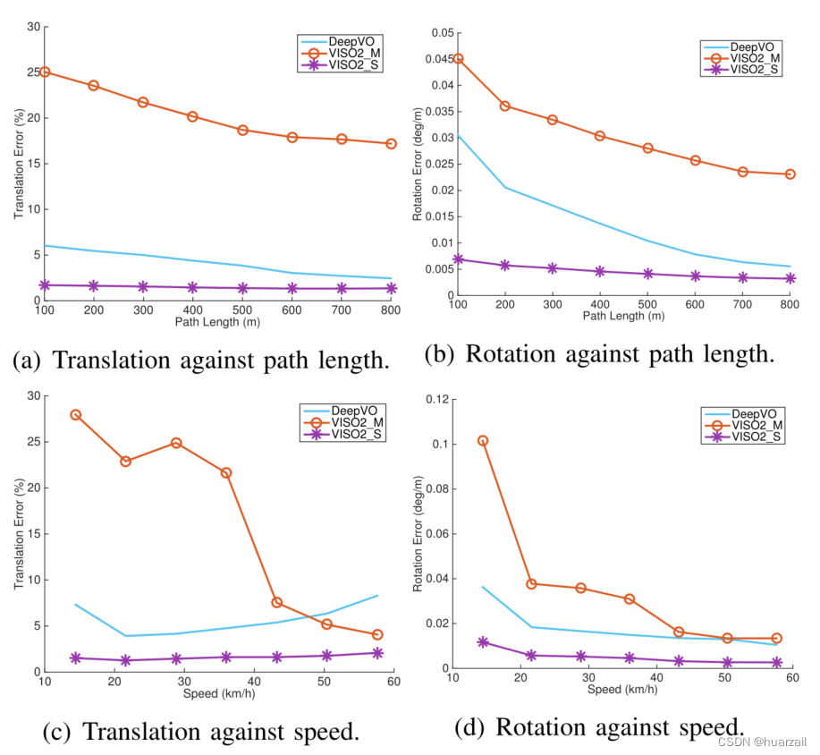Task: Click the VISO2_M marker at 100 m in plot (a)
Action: tap(44, 72)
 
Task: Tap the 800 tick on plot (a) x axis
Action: tap(391, 310)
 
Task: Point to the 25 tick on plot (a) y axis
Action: tap(32, 72)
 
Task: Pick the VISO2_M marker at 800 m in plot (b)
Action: tap(790, 174)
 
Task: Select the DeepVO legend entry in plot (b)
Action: tap(743, 46)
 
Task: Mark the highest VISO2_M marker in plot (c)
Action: tap(76, 415)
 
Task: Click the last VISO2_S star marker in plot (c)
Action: tap(377, 653)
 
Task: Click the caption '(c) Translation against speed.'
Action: tap(200, 732)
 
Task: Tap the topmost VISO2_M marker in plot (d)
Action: tap(483, 441)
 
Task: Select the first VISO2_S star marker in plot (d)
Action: tap(483, 642)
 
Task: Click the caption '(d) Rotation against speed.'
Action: tap(599, 726)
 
